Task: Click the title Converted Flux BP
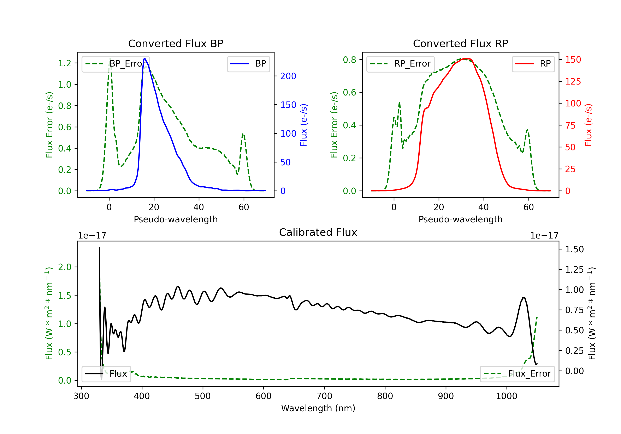tap(176, 43)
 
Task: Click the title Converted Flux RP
tap(461, 43)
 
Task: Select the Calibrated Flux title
tap(318, 232)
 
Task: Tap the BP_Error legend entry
tap(116, 64)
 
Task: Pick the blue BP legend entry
tap(248, 64)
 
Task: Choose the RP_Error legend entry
tap(400, 64)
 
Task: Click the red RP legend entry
tap(533, 64)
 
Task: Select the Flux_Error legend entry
tap(517, 374)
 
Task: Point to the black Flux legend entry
tap(106, 374)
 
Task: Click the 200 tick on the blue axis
tap(288, 76)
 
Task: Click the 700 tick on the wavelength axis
tap(324, 396)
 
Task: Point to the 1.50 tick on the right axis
tap(574, 249)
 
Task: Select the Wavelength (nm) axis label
tap(318, 408)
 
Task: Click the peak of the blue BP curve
tap(145, 59)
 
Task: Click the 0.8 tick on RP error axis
tap(349, 60)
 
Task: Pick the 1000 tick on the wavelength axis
tap(507, 396)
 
